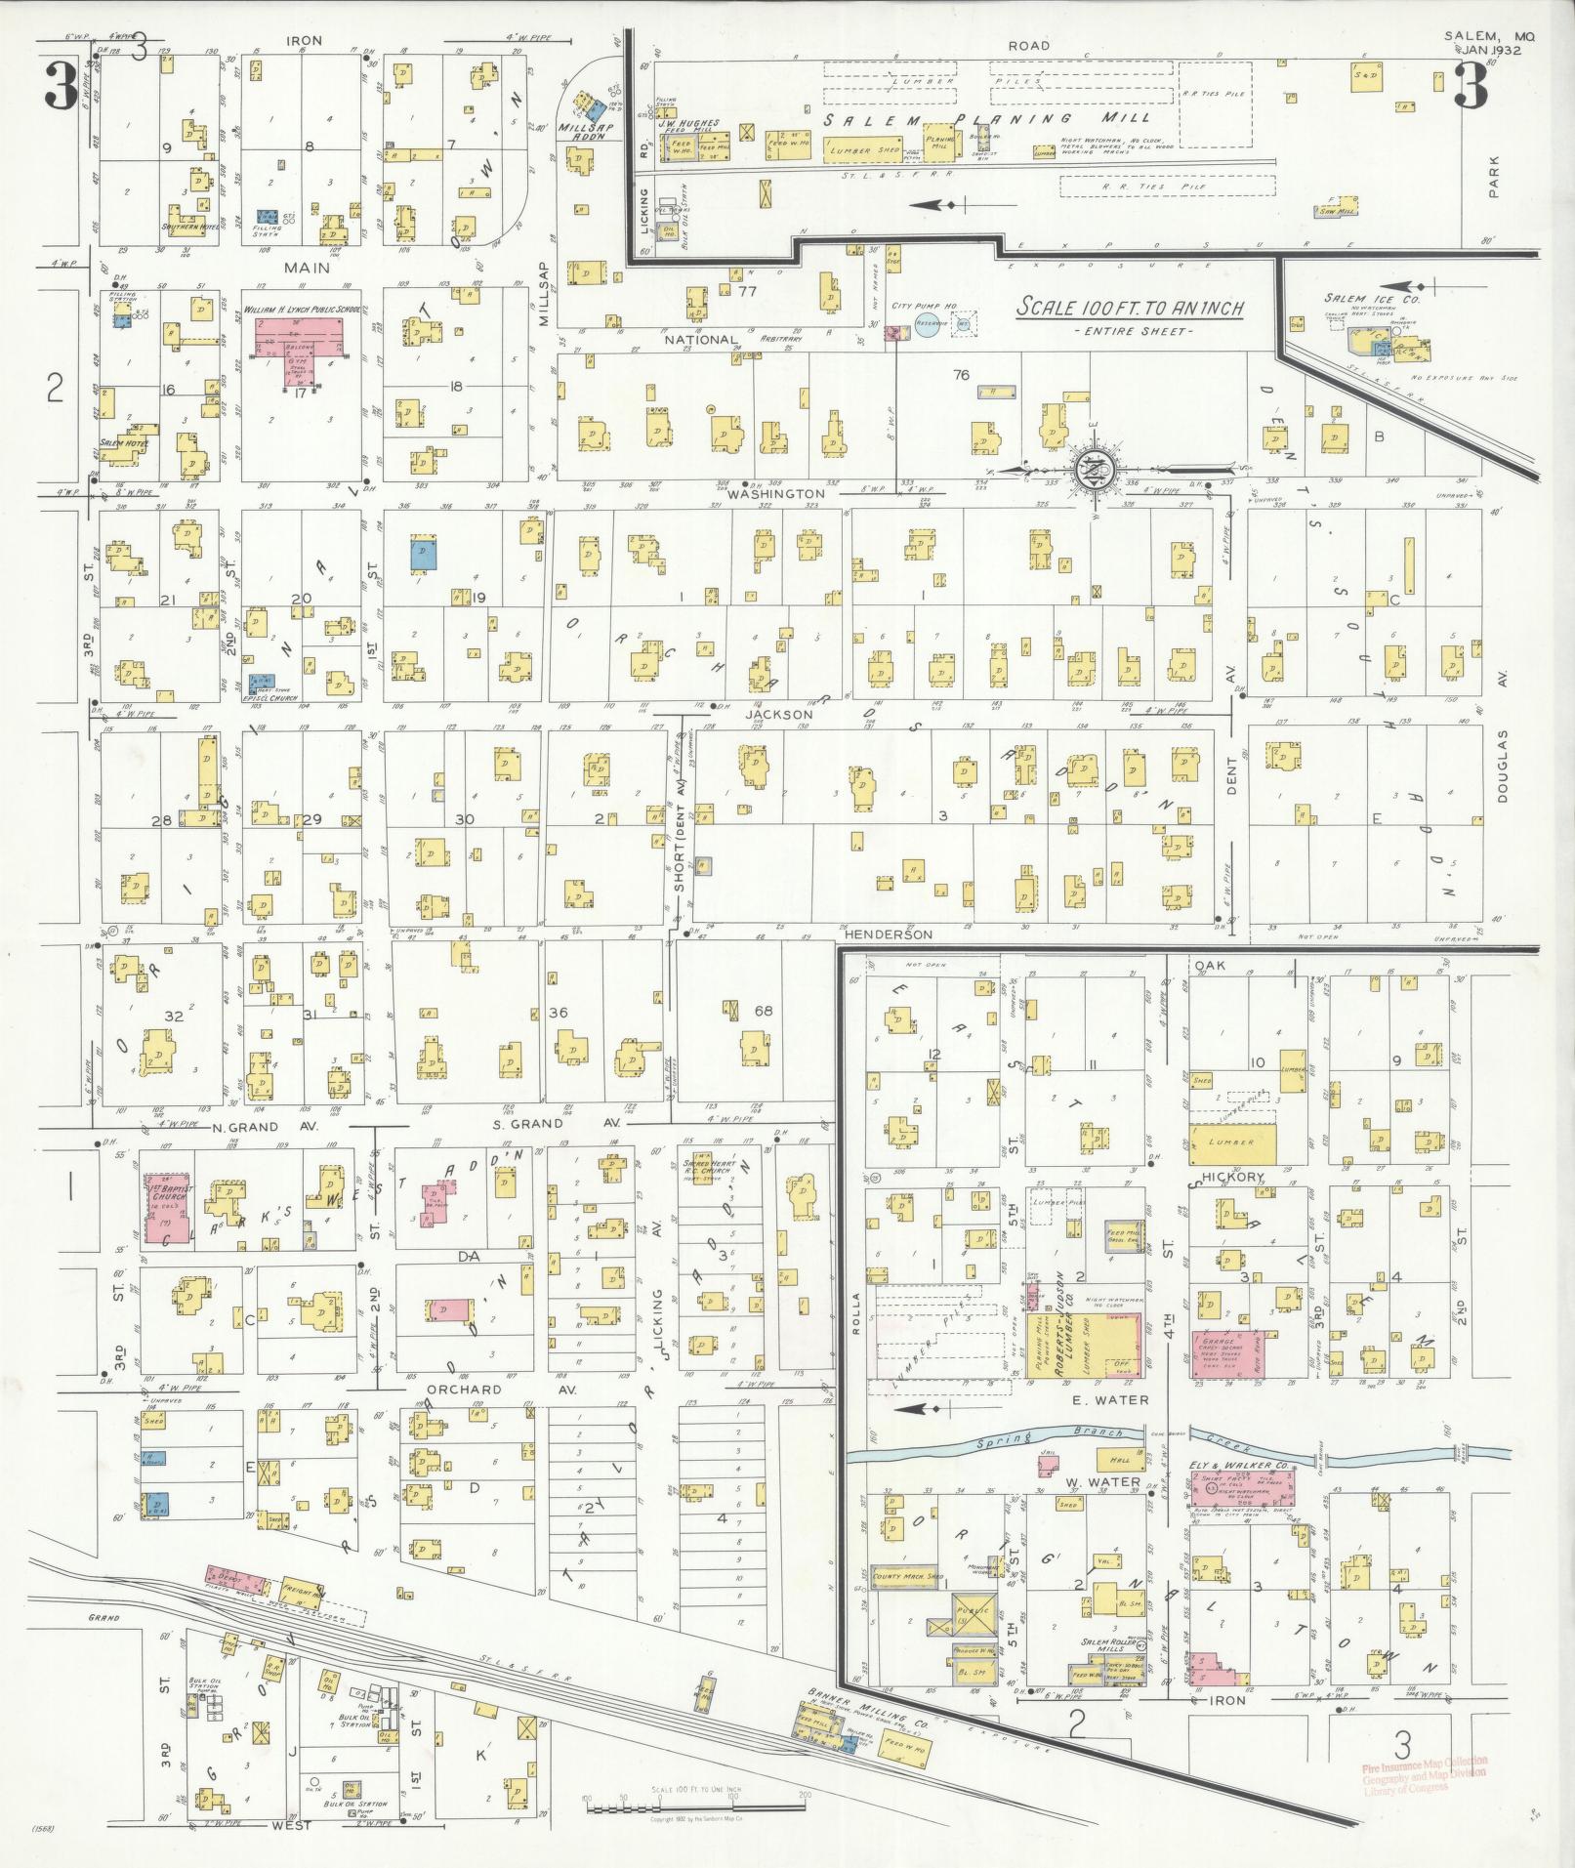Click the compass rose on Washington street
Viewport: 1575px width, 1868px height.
[1090, 471]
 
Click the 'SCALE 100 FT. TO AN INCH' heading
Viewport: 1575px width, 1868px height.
[1130, 308]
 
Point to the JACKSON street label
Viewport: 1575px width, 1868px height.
[778, 714]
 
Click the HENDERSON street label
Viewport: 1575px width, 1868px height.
[888, 934]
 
